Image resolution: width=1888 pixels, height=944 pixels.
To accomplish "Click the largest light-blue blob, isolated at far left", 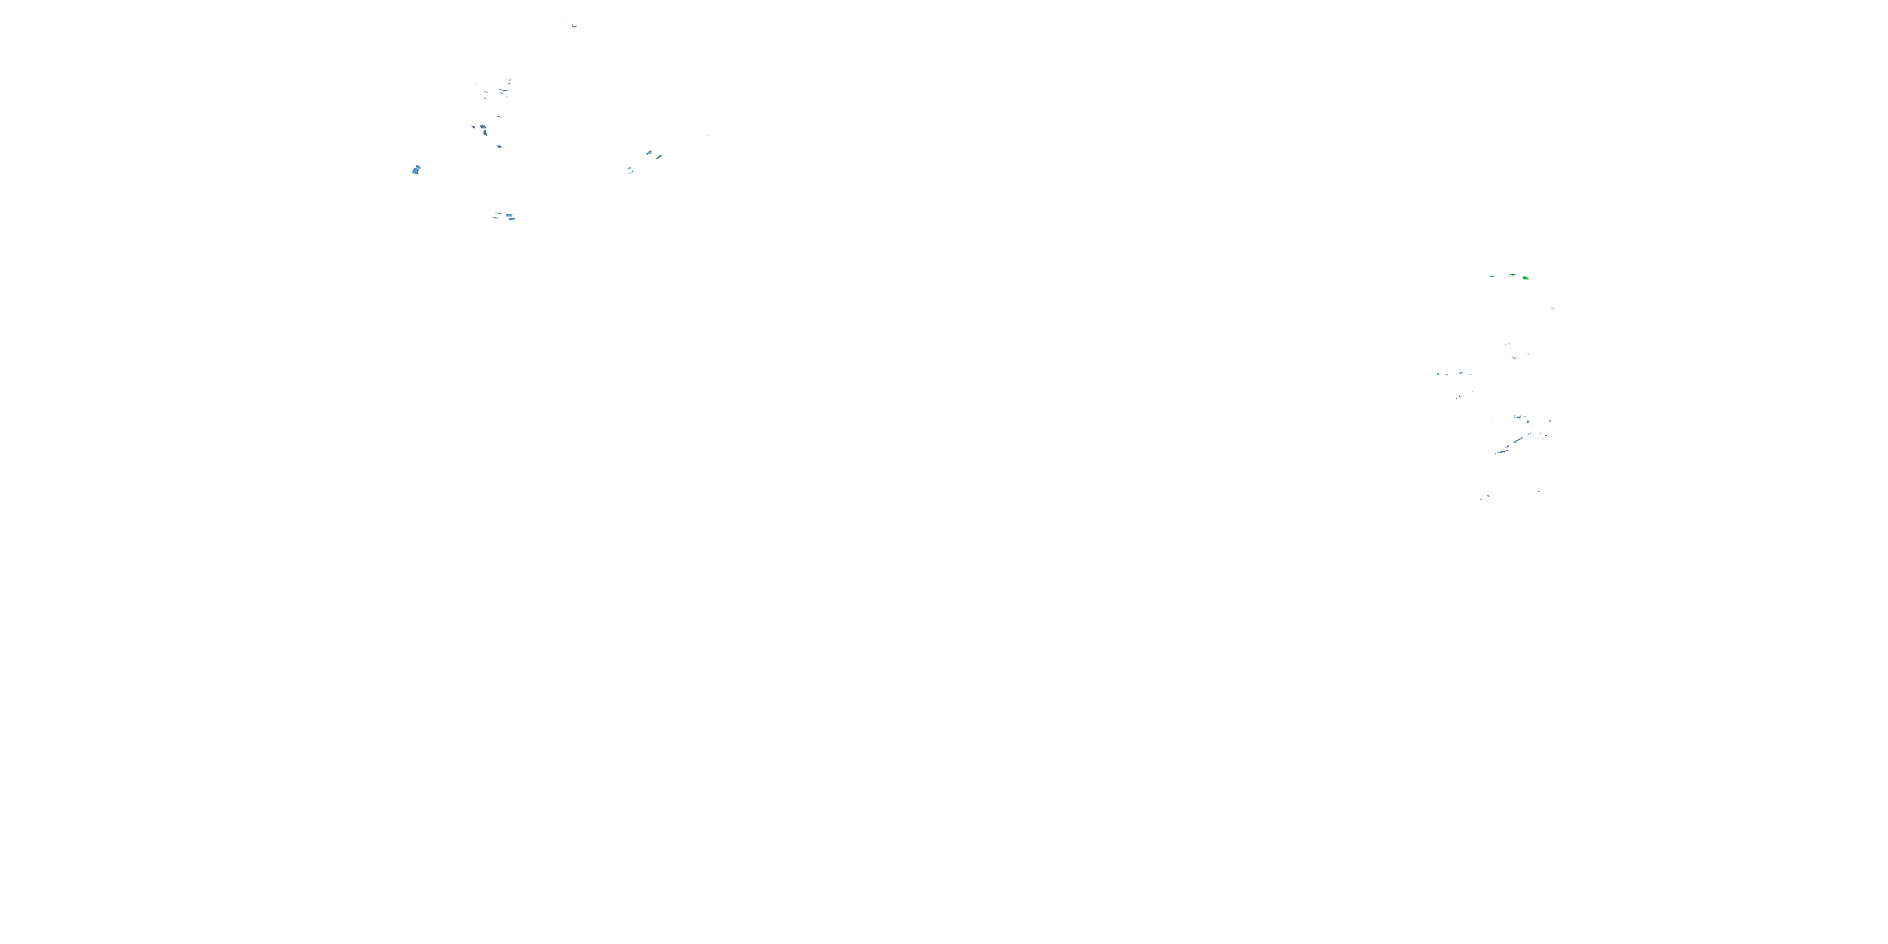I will click(416, 170).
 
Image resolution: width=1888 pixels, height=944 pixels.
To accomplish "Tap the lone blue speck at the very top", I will click(574, 26).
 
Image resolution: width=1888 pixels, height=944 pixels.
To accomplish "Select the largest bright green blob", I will click(1526, 278).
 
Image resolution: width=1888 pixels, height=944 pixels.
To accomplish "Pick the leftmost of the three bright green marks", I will click(1492, 276).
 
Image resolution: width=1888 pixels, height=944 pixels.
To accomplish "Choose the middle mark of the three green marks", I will click(1512, 275).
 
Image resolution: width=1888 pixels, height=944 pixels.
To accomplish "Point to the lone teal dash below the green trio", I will click(1553, 308).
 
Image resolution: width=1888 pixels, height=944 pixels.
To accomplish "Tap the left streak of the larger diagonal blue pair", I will click(649, 152).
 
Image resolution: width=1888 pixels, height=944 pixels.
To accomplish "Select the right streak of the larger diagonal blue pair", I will click(659, 156).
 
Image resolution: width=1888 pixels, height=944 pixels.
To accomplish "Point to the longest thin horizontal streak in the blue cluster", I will click(503, 90).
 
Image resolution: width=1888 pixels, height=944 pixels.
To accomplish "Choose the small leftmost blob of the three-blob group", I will click(473, 126).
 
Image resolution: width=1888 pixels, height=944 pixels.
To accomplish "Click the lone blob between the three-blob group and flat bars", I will click(499, 147).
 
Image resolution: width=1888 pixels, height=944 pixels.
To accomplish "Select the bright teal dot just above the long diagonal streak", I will click(1527, 422).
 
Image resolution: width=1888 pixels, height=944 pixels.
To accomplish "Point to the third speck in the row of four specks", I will click(1461, 373).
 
